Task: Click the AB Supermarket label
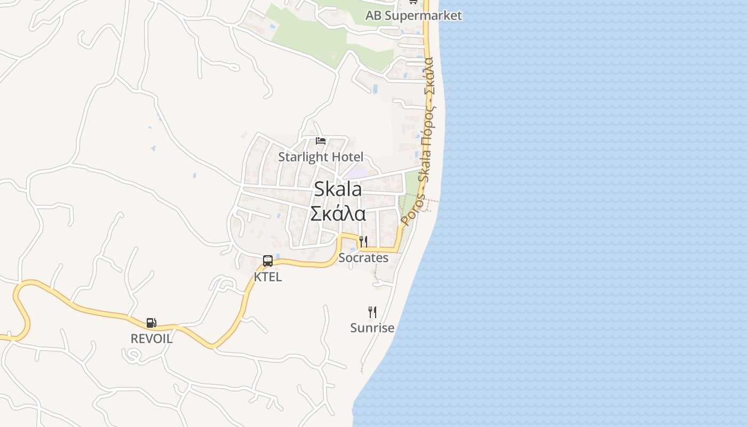click(x=413, y=15)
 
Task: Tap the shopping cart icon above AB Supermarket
click(x=413, y=2)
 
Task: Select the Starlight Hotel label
click(x=321, y=157)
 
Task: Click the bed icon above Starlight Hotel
click(x=321, y=141)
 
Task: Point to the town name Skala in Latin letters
click(x=338, y=188)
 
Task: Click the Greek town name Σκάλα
click(x=338, y=213)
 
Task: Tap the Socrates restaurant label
click(x=363, y=258)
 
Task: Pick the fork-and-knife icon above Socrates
click(x=363, y=242)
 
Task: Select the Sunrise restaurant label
click(x=372, y=328)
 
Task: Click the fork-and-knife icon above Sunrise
click(x=372, y=312)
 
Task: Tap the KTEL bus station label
click(x=268, y=277)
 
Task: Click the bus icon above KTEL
click(x=268, y=261)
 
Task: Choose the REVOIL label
click(x=152, y=338)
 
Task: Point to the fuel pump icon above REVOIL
click(x=152, y=323)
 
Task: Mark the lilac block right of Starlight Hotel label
click(x=356, y=173)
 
